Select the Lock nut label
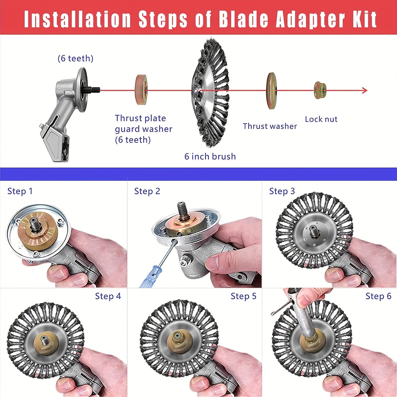tap(321, 119)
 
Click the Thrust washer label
tap(270, 126)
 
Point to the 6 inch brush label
tap(210, 156)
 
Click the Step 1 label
tap(20, 191)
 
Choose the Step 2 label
tap(147, 191)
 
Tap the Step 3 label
tap(282, 191)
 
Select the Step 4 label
tap(108, 296)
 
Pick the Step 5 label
tap(243, 296)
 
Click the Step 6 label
tap(378, 296)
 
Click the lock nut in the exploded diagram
tap(320, 91)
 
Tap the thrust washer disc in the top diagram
tap(271, 91)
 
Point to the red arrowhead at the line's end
tap(364, 91)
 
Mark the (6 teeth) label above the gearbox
tap(75, 58)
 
